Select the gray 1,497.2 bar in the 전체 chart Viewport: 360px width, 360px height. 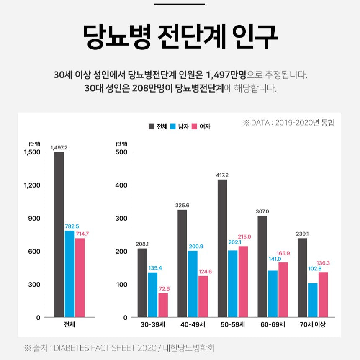click(x=59, y=234)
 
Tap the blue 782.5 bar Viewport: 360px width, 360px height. click(x=69, y=274)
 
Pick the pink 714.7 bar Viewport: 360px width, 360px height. click(x=80, y=278)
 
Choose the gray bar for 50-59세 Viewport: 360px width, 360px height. click(x=222, y=248)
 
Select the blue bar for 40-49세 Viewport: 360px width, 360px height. click(x=193, y=284)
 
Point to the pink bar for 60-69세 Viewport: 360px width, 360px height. click(x=283, y=290)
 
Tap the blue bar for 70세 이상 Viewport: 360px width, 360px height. click(x=313, y=300)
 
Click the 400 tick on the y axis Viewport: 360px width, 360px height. click(x=121, y=185)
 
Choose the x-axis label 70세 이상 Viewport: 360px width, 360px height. click(x=312, y=325)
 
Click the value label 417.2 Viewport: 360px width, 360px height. click(x=222, y=175)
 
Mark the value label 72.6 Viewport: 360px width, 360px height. click(x=163, y=288)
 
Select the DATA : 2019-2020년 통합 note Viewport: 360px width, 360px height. click(x=289, y=123)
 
